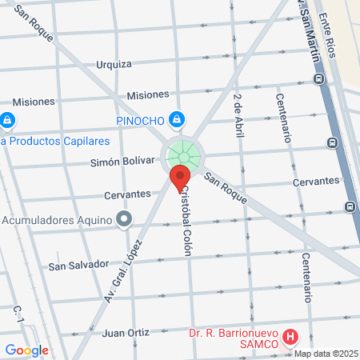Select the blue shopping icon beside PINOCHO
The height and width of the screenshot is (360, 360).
[177, 121]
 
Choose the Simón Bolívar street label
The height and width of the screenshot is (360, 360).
[122, 161]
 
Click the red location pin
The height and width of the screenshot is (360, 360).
[180, 178]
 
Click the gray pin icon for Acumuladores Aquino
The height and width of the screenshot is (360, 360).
[123, 218]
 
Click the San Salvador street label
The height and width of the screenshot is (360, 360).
[78, 264]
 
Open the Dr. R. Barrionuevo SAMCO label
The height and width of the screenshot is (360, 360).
[233, 338]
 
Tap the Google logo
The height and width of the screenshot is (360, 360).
[26, 350]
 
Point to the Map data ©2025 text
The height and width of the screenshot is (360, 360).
[326, 354]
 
